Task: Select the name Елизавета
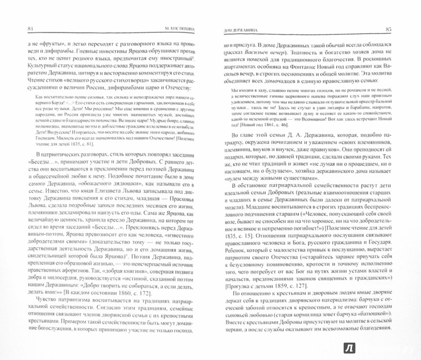pos(118,193)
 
